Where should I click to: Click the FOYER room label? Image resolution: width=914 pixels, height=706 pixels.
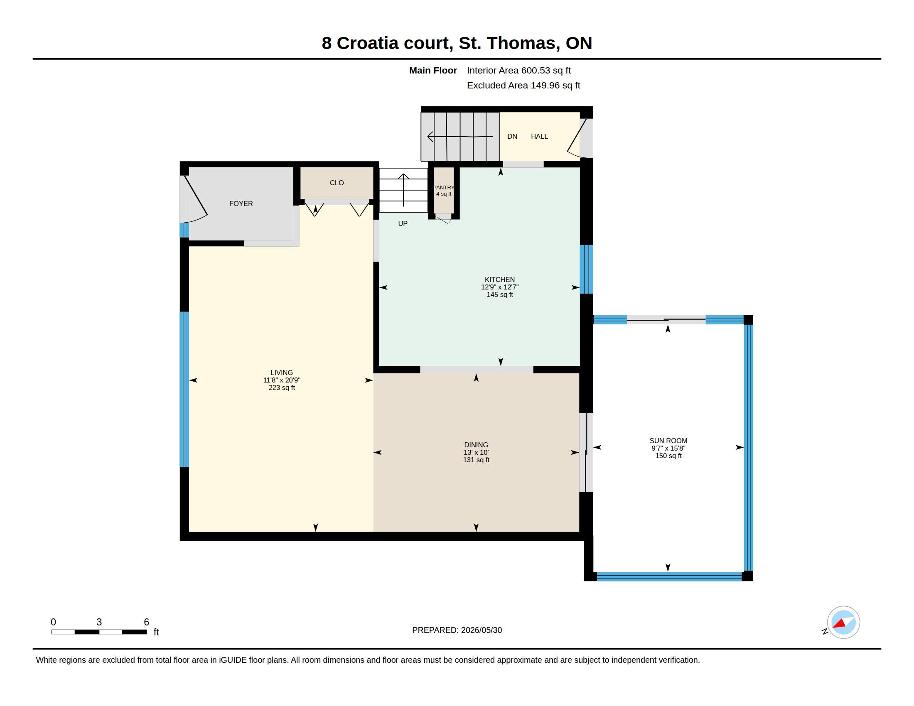241,203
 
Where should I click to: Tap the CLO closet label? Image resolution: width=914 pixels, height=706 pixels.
337,183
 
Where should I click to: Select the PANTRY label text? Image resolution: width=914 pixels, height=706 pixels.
443,188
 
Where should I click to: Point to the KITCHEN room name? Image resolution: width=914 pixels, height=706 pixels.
500,279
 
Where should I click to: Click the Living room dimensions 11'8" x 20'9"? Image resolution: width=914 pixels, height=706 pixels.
282,380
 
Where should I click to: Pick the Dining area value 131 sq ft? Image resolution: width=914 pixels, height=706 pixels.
476,460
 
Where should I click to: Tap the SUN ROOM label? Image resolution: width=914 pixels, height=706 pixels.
668,440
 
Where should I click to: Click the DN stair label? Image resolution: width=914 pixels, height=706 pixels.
512,136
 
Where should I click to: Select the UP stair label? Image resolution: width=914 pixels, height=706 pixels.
403,223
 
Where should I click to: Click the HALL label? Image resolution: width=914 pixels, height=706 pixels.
539,136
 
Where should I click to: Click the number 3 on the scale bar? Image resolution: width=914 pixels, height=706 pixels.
99,622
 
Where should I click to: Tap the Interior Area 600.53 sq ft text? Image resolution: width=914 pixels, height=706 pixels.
519,70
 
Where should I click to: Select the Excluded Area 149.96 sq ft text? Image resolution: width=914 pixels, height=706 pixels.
523,85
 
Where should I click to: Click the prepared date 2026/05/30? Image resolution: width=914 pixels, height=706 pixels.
481,630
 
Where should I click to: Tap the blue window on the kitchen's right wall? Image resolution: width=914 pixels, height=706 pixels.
586,270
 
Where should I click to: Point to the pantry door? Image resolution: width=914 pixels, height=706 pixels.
443,218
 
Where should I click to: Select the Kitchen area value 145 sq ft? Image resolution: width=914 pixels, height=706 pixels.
500,295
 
